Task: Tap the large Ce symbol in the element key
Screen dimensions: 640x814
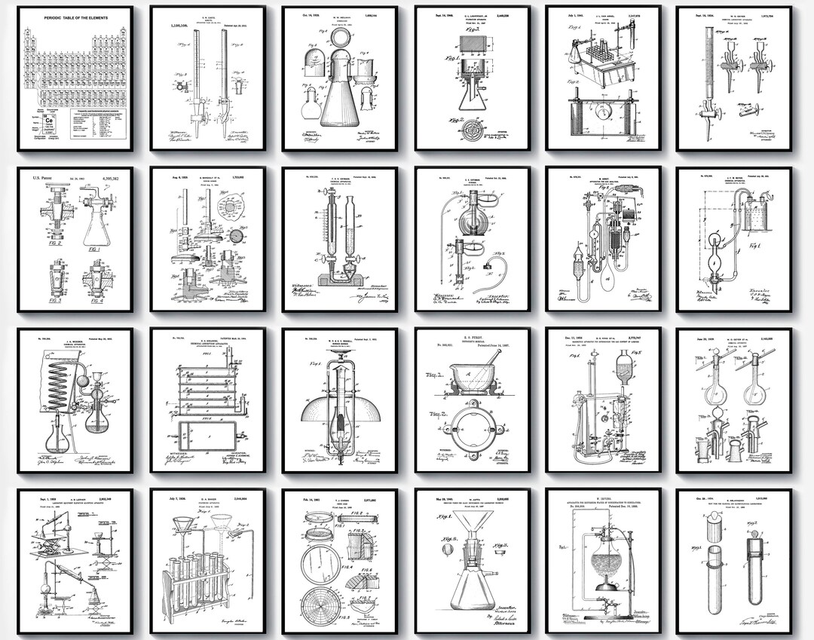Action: [47, 120]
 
